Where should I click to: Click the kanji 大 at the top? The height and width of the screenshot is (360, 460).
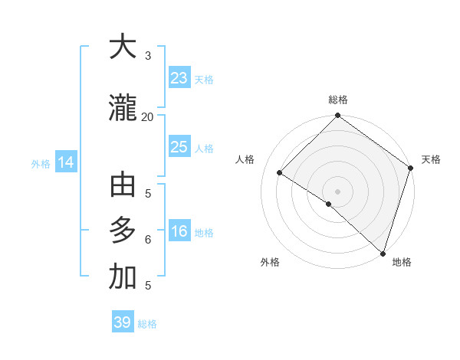123,47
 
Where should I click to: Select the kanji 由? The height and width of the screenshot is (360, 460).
123,186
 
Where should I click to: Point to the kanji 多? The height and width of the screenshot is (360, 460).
123,231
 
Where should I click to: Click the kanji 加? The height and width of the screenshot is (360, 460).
123,278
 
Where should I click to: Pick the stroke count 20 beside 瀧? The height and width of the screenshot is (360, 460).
147,117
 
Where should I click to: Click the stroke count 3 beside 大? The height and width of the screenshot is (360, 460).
147,56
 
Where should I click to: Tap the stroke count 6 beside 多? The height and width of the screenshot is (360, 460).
147,239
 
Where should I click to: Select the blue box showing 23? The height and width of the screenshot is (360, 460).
179,77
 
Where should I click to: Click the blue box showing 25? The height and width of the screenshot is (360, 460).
179,147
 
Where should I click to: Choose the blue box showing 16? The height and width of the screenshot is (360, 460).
179,232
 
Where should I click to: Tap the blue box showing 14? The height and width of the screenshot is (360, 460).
66,162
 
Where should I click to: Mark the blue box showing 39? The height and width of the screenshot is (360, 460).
123,322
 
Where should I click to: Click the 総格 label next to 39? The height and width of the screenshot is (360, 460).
148,324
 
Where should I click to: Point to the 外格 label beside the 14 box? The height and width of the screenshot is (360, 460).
41,164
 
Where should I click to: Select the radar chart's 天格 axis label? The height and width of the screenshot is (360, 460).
431,159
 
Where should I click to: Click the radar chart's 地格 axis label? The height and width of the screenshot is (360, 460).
402,262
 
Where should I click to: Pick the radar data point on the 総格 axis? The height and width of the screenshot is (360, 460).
337,116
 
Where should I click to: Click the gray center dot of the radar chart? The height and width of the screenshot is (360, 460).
337,191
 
